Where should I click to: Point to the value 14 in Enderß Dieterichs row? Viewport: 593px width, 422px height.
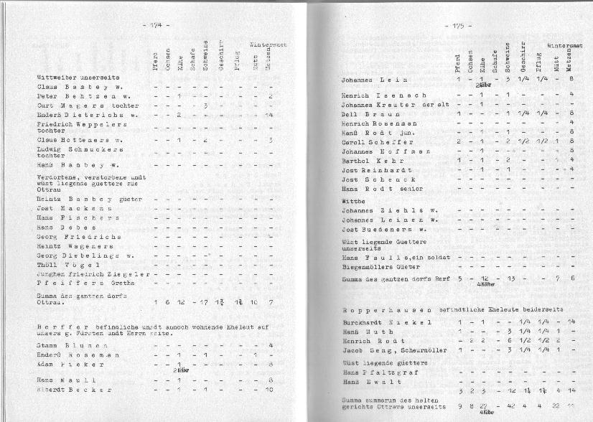[x=269, y=115]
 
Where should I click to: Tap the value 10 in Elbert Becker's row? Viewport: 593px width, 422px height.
[x=269, y=390]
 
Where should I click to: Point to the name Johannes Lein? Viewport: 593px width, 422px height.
[x=370, y=80]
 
